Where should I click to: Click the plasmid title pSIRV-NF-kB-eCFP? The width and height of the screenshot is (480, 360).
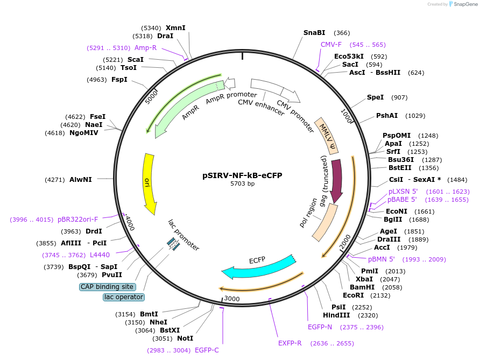point(242,175)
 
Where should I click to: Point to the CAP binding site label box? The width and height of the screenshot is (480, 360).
point(107,287)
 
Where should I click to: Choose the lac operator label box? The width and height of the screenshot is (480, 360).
point(124,297)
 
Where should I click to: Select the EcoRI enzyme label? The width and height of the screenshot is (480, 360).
point(353,295)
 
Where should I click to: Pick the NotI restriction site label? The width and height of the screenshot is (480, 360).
point(185,338)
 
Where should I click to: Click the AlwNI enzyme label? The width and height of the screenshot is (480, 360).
point(81,179)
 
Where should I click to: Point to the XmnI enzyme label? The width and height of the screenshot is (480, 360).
point(175,27)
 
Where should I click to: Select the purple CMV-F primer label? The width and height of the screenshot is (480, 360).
point(331,45)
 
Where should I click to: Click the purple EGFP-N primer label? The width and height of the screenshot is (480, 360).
point(320,327)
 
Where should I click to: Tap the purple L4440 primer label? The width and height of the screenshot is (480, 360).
point(100,255)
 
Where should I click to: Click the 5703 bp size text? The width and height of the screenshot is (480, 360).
point(242,184)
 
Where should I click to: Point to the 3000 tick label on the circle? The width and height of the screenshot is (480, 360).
point(232,299)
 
